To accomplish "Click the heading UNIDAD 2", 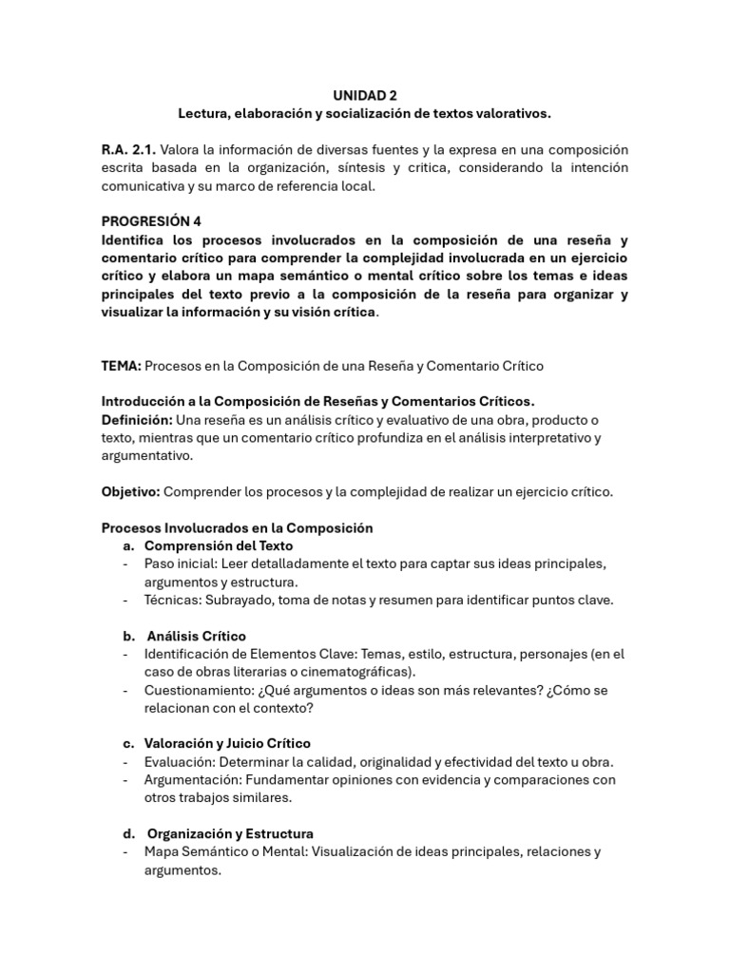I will point(365,95).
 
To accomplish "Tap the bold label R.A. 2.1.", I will point(128,150).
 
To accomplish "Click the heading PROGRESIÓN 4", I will point(152,221).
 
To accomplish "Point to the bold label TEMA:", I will point(122,366).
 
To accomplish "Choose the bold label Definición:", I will point(137,420).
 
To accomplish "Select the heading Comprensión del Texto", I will point(219,545).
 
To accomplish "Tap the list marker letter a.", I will point(127,545).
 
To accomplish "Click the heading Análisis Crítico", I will point(197,636).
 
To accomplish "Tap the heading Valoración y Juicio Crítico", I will point(227,743).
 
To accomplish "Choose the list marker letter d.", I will point(127,833).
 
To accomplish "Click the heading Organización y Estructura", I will point(230,833).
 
